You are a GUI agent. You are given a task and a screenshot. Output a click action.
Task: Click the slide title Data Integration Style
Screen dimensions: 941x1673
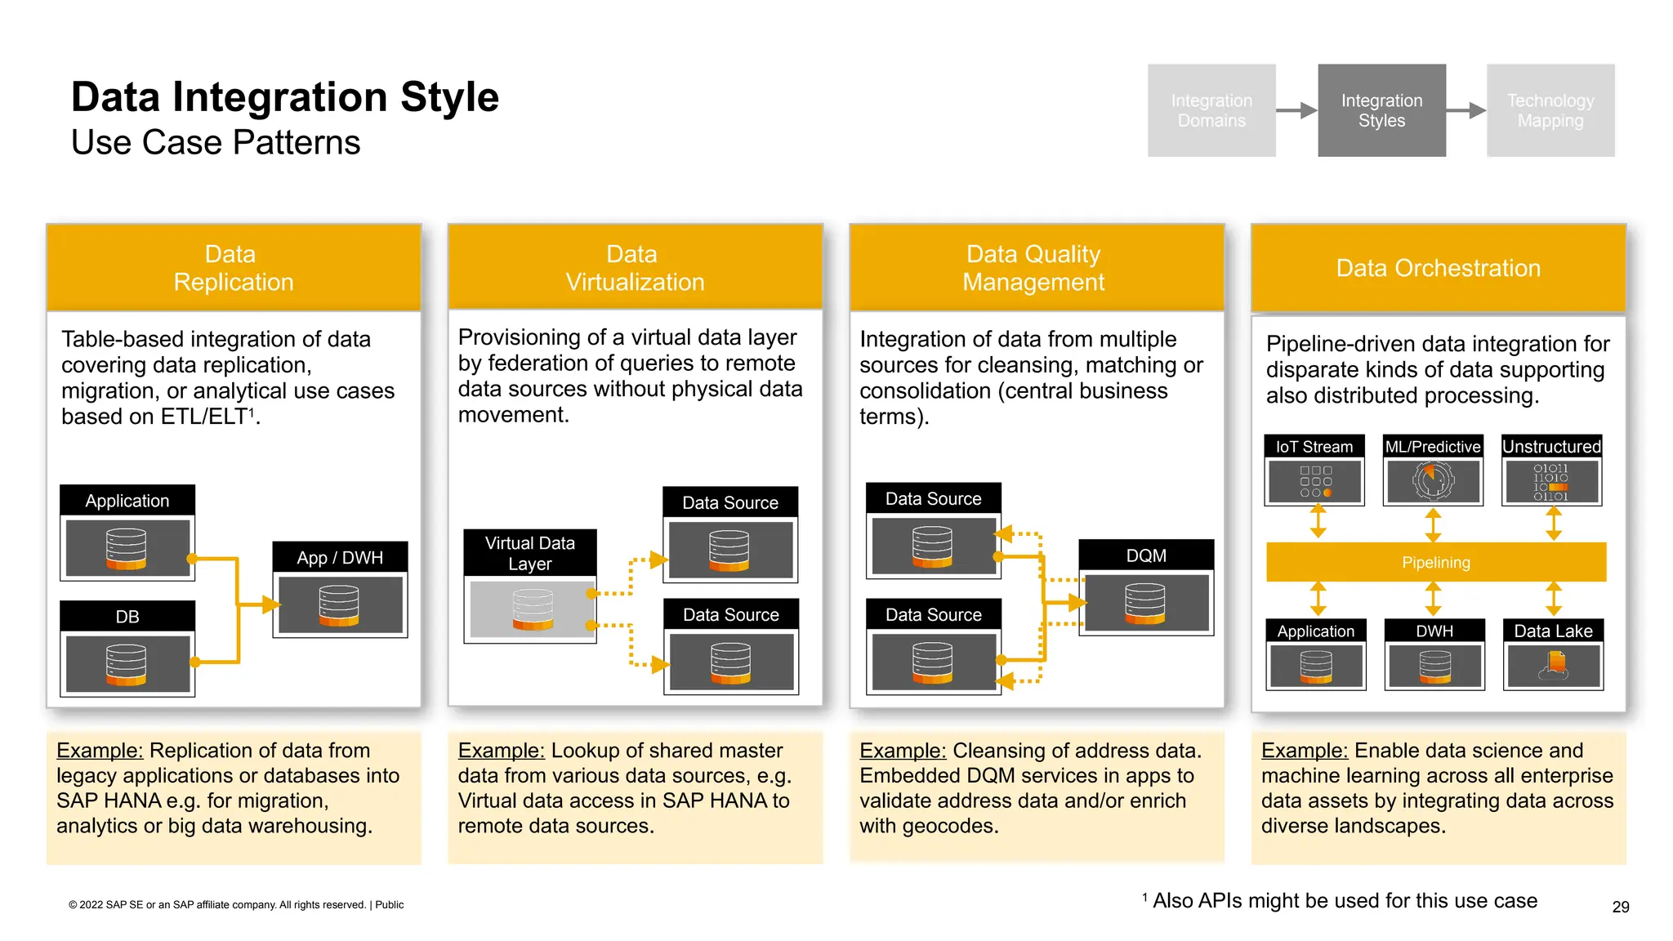(x=284, y=97)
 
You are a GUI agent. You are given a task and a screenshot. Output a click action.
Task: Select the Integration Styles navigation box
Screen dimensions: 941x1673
(x=1381, y=110)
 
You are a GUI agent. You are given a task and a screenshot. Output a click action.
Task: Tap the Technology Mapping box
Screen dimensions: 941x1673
(x=1550, y=110)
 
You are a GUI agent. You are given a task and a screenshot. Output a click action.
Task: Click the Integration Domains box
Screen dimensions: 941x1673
(x=1211, y=110)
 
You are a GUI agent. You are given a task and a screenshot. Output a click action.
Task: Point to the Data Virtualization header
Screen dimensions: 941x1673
(x=635, y=268)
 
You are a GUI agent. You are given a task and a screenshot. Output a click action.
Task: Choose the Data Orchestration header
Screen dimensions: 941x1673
(x=1438, y=268)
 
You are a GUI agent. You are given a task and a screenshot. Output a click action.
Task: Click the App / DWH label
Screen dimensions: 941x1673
(x=340, y=557)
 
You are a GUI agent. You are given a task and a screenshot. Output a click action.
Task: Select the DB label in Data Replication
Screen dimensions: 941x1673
(x=127, y=616)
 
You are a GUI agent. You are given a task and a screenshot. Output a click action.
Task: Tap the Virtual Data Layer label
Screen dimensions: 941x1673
(x=530, y=553)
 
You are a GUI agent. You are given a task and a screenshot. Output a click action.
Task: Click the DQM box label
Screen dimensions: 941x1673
(x=1146, y=555)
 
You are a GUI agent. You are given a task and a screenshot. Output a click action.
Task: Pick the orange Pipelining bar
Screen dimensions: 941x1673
(x=1435, y=562)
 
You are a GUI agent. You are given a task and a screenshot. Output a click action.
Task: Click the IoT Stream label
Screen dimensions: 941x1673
(x=1314, y=447)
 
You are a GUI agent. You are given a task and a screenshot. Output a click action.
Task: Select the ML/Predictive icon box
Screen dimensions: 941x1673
(x=1433, y=481)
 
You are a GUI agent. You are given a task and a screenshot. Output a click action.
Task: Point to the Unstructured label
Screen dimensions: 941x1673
(x=1551, y=447)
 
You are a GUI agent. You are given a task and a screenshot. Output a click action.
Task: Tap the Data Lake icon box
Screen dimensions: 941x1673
(x=1553, y=666)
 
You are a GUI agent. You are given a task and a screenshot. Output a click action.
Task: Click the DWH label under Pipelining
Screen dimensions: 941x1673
(x=1434, y=631)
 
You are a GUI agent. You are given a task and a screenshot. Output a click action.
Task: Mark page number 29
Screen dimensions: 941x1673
(x=1621, y=907)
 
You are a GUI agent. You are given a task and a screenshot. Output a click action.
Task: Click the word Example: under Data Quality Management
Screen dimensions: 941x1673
(x=903, y=750)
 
